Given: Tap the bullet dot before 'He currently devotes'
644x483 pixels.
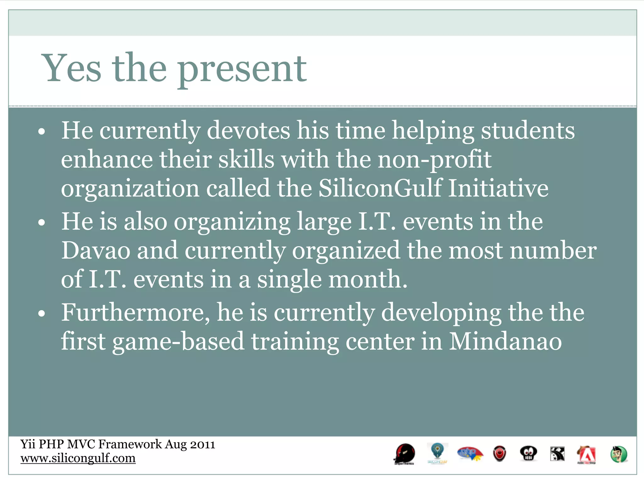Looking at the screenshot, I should [42, 132].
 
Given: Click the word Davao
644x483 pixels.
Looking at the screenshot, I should [96, 251].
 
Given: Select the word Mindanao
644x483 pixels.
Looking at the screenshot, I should [505, 342].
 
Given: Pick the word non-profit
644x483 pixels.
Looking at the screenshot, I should [434, 160].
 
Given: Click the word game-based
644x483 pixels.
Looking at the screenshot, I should [178, 342].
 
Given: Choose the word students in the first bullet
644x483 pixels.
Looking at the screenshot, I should [528, 131].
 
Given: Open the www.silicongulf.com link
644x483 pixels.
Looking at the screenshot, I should [78, 458].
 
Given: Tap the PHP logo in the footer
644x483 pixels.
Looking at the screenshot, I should [470, 454].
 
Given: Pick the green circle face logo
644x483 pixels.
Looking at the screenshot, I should [619, 454].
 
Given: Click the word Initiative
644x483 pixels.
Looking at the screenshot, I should [498, 188].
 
